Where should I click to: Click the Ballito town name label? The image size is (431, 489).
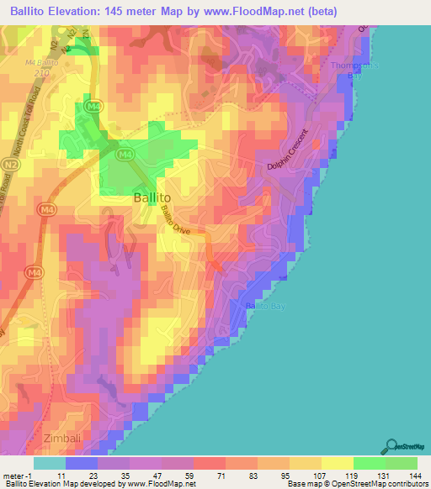pyautogui.click(x=155, y=197)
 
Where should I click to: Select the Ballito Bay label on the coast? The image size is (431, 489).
pyautogui.click(x=266, y=307)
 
